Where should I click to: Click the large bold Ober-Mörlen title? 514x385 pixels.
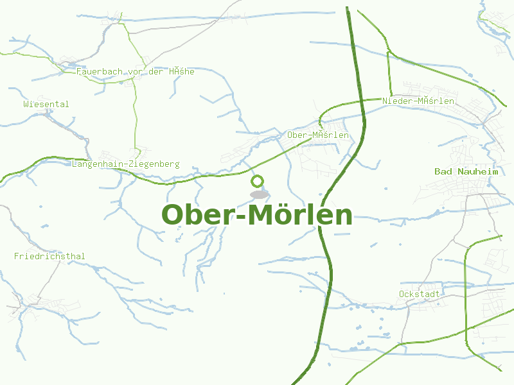[x=257, y=215]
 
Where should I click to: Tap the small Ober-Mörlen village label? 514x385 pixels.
[x=318, y=135]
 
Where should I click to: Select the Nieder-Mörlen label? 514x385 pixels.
[x=418, y=101]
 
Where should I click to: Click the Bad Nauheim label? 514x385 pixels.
[x=466, y=171]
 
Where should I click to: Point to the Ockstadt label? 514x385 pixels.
[x=420, y=294]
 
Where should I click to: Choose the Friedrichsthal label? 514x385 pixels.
[x=49, y=257]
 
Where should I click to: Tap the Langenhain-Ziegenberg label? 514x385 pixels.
[x=126, y=164]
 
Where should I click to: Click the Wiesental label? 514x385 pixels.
[x=46, y=104]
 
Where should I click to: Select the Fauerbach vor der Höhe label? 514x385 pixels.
[x=135, y=72]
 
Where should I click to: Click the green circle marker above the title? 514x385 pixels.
[x=258, y=181]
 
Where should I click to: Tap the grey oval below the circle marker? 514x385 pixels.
[x=259, y=194]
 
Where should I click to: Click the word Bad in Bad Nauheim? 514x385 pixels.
[x=443, y=171]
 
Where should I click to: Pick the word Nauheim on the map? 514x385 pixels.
[x=477, y=171]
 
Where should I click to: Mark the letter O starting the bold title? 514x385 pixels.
[x=174, y=215]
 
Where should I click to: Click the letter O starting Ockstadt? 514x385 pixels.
[x=402, y=294]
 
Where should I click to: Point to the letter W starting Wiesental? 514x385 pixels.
[x=26, y=104]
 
